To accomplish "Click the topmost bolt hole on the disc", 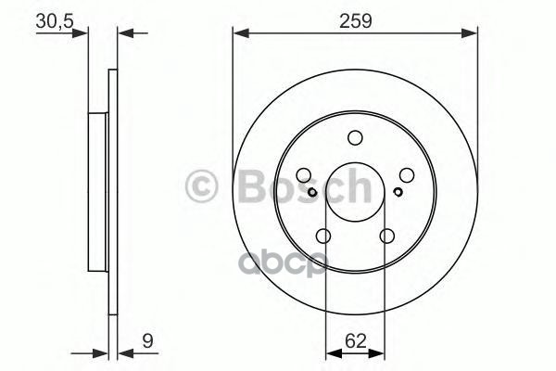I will click(355, 138).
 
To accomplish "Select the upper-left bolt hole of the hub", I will click(304, 174).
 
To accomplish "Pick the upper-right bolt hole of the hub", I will click(406, 174).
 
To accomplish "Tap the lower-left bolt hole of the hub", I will click(323, 236).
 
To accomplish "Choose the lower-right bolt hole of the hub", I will click(386, 236).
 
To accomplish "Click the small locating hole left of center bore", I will click(313, 192).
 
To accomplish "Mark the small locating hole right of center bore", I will click(397, 192).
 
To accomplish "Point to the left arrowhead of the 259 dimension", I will click(238, 34).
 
